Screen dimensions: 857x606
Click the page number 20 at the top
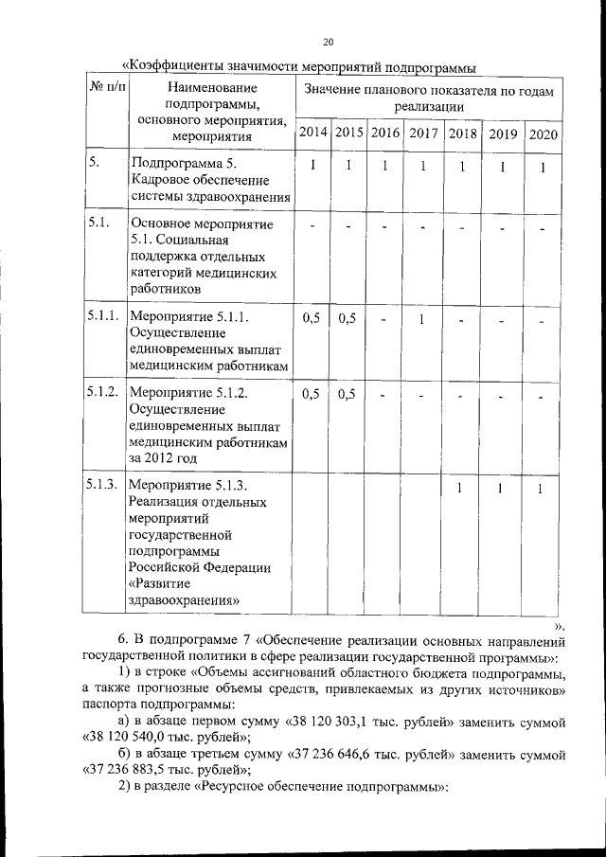328,42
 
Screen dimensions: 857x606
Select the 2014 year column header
311,134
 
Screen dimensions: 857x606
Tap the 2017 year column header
423,134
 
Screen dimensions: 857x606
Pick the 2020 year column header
543,134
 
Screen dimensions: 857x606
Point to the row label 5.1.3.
101,485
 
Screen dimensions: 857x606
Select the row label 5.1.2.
101,392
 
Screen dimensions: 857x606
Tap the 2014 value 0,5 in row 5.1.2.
311,393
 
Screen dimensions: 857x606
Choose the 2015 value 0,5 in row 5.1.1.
347,319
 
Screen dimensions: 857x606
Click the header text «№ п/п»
106,87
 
